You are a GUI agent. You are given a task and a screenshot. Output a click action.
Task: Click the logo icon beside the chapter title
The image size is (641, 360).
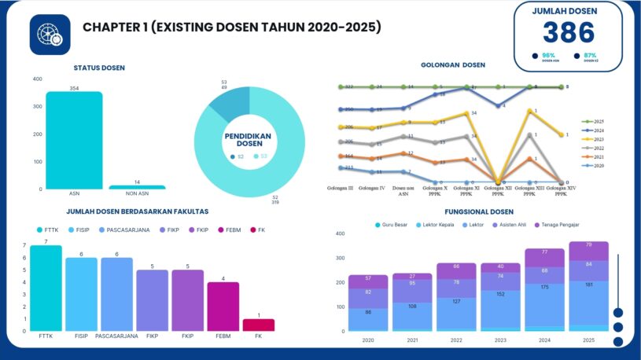pyautogui.click(x=50, y=35)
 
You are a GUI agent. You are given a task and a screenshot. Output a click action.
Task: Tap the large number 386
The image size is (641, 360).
pyautogui.click(x=569, y=32)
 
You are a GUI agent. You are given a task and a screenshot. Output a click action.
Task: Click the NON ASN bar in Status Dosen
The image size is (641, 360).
pyautogui.click(x=137, y=187)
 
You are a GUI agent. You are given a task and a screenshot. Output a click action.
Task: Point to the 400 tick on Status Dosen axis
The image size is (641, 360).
pyautogui.click(x=38, y=79)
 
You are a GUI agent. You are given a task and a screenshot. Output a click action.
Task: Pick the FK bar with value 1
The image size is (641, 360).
pyautogui.click(x=259, y=325)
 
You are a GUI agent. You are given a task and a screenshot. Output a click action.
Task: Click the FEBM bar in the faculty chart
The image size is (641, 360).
pyautogui.click(x=223, y=307)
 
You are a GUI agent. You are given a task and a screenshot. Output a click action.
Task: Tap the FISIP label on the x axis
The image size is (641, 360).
pyautogui.click(x=82, y=336)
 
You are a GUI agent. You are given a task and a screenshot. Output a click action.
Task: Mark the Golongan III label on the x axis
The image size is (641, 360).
pyautogui.click(x=341, y=188)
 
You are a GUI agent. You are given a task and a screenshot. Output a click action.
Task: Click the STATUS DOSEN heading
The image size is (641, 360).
pyautogui.click(x=98, y=68)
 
